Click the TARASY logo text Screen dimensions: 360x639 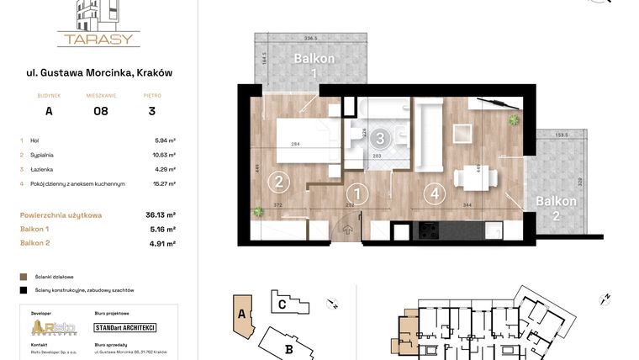(x=98, y=39)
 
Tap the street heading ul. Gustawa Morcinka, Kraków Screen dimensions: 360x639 (x=98, y=73)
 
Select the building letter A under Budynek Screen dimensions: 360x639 (x=49, y=110)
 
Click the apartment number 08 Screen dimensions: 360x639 (x=100, y=110)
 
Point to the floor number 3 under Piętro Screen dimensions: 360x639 (x=151, y=110)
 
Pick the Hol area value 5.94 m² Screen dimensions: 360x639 (x=165, y=140)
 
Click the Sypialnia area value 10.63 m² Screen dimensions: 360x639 (x=163, y=155)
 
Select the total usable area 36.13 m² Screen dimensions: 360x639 (x=161, y=214)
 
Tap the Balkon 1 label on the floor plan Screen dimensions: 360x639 (x=314, y=66)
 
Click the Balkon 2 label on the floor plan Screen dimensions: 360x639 (x=556, y=208)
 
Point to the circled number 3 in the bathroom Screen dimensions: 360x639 (x=381, y=139)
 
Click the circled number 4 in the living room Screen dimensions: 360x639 (x=434, y=193)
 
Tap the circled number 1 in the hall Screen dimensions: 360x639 (x=358, y=194)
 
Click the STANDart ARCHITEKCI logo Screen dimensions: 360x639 (x=125, y=327)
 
